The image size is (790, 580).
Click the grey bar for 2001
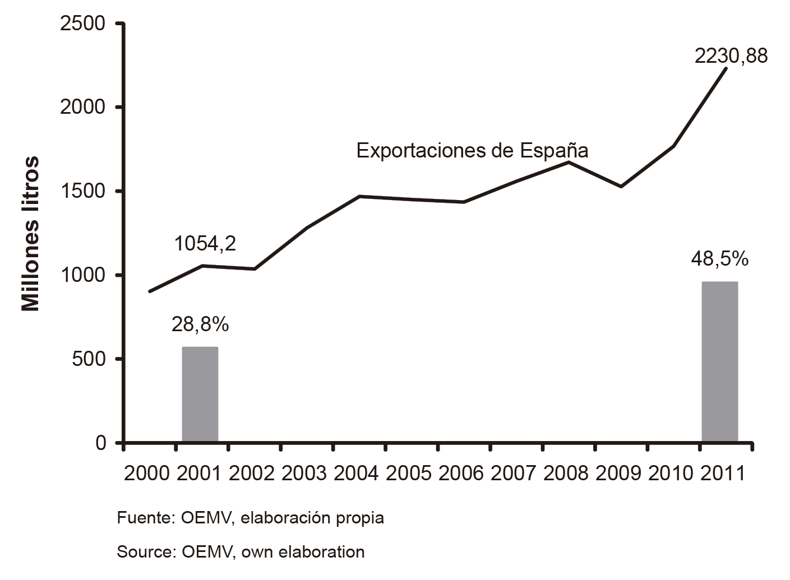[x=200, y=395]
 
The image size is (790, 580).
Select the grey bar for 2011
[x=720, y=362]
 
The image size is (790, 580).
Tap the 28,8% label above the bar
[x=200, y=324]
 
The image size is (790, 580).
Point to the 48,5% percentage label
[x=719, y=259]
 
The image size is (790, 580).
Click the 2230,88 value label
[x=731, y=56]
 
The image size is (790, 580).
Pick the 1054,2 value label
[x=205, y=244]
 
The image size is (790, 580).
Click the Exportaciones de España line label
[x=472, y=151]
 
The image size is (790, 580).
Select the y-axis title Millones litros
[x=31, y=234]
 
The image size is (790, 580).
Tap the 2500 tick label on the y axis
[x=82, y=24]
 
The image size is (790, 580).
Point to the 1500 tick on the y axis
[x=82, y=191]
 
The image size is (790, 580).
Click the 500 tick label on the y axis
[x=89, y=359]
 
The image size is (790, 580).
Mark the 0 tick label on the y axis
[x=100, y=443]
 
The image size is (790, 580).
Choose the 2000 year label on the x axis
[x=146, y=474]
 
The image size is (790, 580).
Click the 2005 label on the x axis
[x=408, y=474]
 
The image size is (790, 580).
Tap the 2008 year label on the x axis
[x=566, y=474]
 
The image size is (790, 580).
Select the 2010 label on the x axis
[x=671, y=474]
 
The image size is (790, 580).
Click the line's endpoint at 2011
[x=727, y=68]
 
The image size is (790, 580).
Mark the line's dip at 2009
[x=621, y=187]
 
